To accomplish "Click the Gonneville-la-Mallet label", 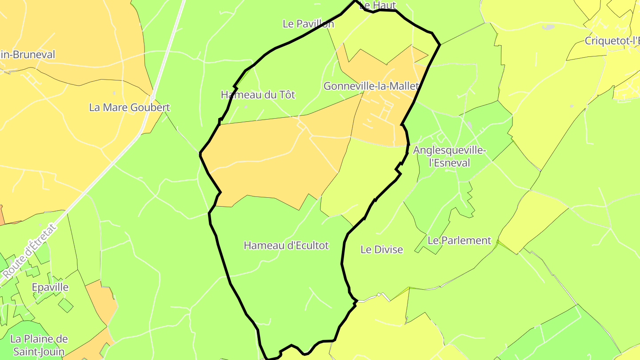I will (x=371, y=86).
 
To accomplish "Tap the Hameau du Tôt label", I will (x=258, y=95).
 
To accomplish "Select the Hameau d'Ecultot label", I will (x=286, y=245).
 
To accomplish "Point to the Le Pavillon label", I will (x=308, y=24).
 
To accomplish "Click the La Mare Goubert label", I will (x=129, y=108).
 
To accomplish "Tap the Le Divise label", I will (x=381, y=250).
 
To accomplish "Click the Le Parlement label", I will (x=459, y=240).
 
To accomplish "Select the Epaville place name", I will (x=50, y=287).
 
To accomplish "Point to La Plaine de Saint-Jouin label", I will (x=39, y=345).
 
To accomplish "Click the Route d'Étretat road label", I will (x=30, y=252).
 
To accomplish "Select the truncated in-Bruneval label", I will (x=28, y=55).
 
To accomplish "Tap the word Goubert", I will (x=150, y=108).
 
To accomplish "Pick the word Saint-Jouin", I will (x=39, y=352).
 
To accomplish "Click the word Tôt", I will (x=287, y=95).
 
